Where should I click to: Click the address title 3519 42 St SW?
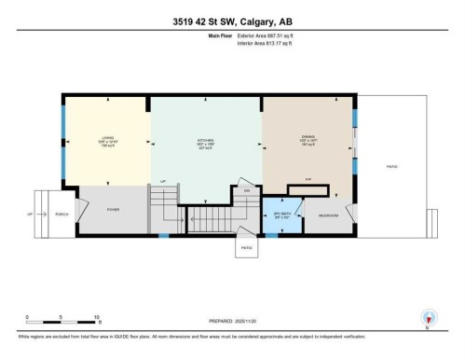click(232, 22)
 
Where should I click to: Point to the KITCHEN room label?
click(206, 140)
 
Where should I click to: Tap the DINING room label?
click(308, 140)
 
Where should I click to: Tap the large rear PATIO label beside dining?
click(391, 166)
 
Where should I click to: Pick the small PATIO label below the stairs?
click(246, 247)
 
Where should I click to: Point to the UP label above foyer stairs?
click(163, 181)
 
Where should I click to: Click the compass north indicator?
click(427, 317)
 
